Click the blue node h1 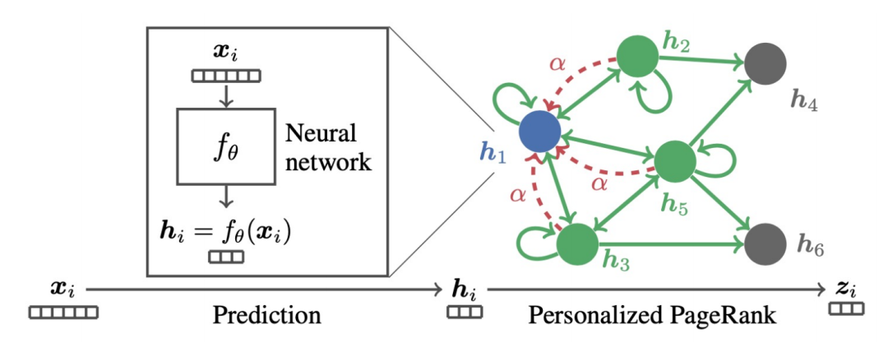[539, 131]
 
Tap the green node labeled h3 [577, 243]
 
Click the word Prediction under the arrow [266, 315]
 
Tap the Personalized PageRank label [652, 315]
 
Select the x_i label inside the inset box [226, 55]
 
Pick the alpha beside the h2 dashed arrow [557, 65]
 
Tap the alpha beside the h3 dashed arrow [516, 195]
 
